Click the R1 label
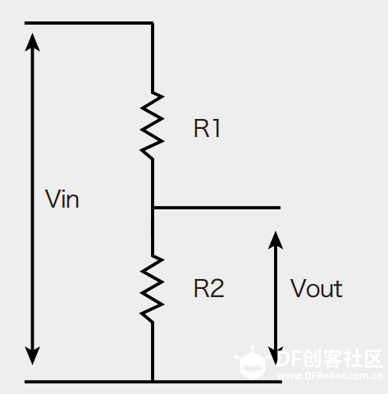click(207, 128)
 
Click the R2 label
click(209, 288)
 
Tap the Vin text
click(62, 199)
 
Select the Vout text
click(316, 288)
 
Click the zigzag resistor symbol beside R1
click(152, 126)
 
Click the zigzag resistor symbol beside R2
click(152, 289)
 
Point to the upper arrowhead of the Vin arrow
click(33, 43)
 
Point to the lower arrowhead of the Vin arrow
click(33, 355)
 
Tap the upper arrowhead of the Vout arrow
click(276, 241)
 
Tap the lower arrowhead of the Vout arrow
click(276, 355)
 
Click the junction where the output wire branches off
click(153, 208)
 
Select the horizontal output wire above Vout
click(217, 208)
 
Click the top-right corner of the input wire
click(153, 23)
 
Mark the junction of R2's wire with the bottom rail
click(153, 381)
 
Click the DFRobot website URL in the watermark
click(330, 376)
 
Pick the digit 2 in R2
click(217, 288)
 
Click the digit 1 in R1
click(216, 128)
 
